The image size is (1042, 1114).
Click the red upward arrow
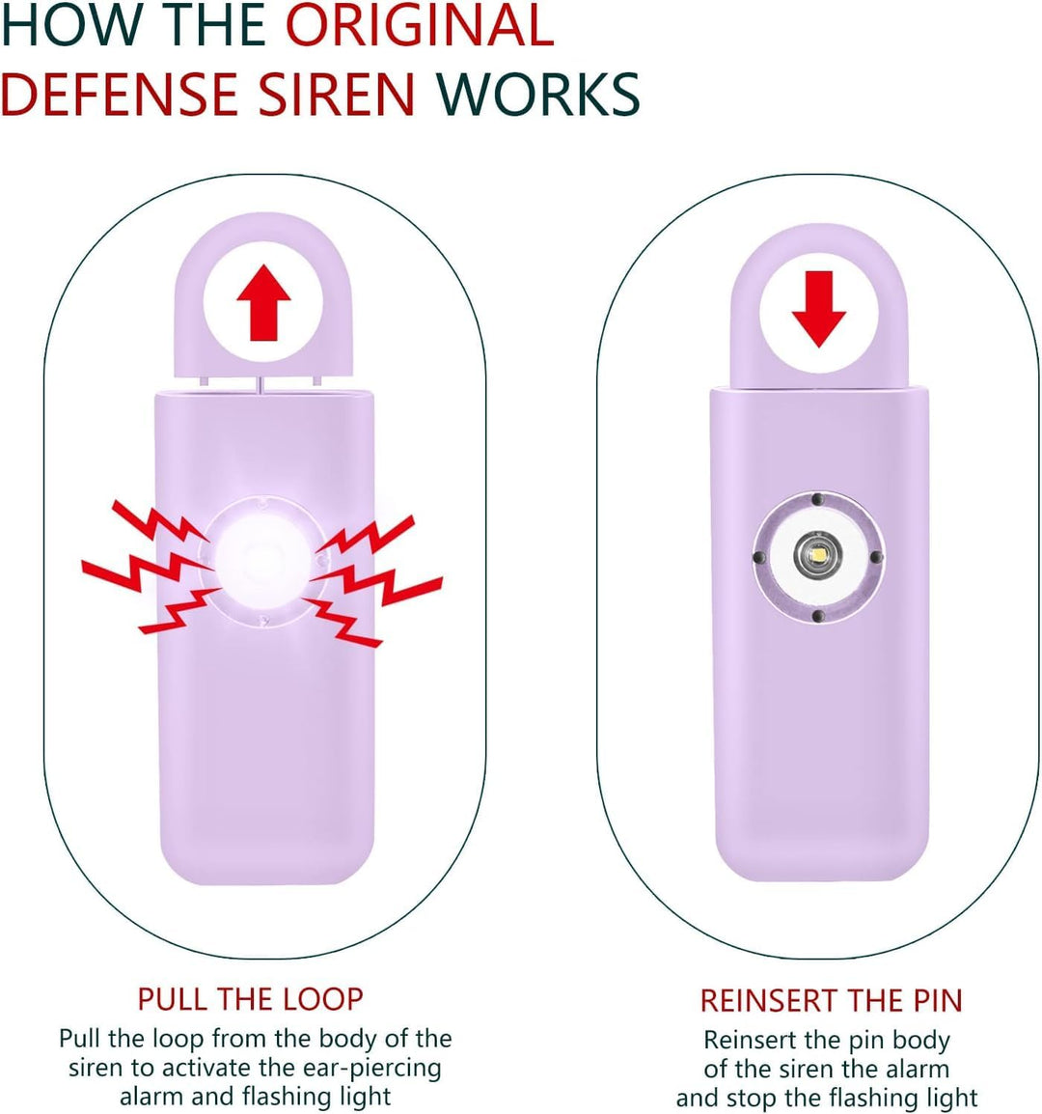pyautogui.click(x=263, y=302)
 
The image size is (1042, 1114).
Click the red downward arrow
pyautogui.click(x=819, y=309)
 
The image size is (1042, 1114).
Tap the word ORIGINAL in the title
pyautogui.click(x=419, y=25)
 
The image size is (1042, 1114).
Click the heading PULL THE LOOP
pyautogui.click(x=250, y=999)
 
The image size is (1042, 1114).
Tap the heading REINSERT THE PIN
pyautogui.click(x=831, y=1000)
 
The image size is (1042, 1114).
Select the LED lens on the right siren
pyautogui.click(x=818, y=555)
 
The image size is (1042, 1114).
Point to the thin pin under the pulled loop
pyautogui.click(x=261, y=384)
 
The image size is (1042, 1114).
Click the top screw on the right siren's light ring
pyautogui.click(x=817, y=499)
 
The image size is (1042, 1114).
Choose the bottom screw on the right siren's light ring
pyautogui.click(x=817, y=615)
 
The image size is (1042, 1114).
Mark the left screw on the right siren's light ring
pyautogui.click(x=759, y=557)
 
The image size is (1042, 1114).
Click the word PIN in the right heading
pyautogui.click(x=938, y=1000)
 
